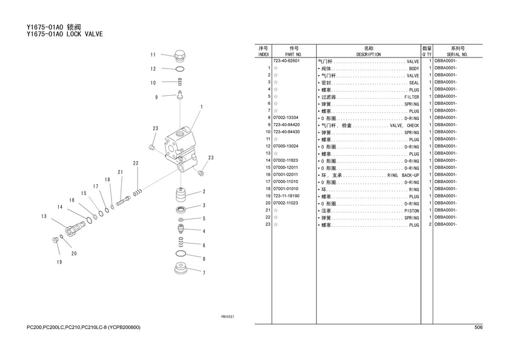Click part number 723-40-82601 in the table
[287, 61]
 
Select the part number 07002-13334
[287, 118]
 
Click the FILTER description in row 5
[411, 97]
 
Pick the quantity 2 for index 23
[429, 224]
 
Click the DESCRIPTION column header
[368, 54]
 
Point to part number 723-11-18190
[287, 196]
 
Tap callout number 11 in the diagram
[153, 55]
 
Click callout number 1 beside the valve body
[201, 106]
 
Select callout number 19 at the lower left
[59, 262]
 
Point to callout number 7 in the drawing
[204, 273]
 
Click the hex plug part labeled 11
[179, 56]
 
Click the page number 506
[478, 327]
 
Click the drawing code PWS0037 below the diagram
[227, 316]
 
